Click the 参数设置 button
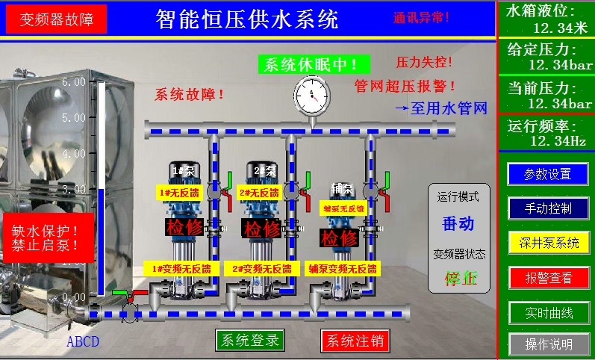coord(547,174)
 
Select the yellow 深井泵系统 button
coord(547,242)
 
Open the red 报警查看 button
coord(547,278)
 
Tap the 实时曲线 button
coord(547,311)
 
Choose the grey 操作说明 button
coord(547,344)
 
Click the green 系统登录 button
coord(249,341)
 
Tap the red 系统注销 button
coord(355,341)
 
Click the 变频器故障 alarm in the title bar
coord(57,19)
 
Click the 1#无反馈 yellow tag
coord(176,193)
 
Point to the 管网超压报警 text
coord(405,86)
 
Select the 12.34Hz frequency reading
coord(558,140)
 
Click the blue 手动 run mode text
coord(458,223)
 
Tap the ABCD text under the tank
coord(82,343)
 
